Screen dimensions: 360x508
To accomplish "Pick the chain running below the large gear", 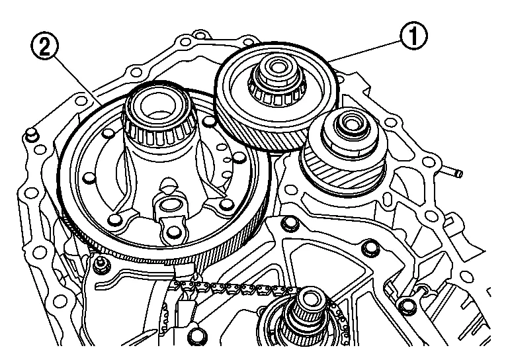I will (218, 289).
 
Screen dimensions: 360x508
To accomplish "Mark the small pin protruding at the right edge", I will (454, 173).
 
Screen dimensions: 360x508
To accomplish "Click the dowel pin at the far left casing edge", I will (30, 136).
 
